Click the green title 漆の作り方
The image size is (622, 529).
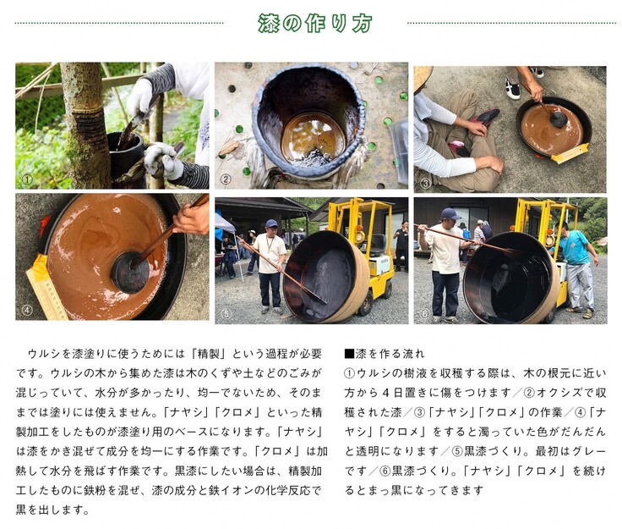(314, 23)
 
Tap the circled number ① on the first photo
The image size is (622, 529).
(27, 180)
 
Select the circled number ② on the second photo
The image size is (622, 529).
(226, 179)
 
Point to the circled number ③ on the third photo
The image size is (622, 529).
(425, 183)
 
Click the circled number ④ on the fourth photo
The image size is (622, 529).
(27, 310)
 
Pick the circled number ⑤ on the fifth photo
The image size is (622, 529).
(226, 314)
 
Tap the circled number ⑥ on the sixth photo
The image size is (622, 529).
(425, 314)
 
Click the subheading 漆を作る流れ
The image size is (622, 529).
(385, 354)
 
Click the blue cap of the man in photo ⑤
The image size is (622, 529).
(272, 223)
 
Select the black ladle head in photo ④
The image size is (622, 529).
(129, 272)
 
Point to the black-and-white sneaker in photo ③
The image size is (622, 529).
(512, 89)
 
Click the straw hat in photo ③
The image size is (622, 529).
(423, 79)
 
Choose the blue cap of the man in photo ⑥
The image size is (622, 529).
(450, 213)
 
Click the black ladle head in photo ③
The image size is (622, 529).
(559, 118)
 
